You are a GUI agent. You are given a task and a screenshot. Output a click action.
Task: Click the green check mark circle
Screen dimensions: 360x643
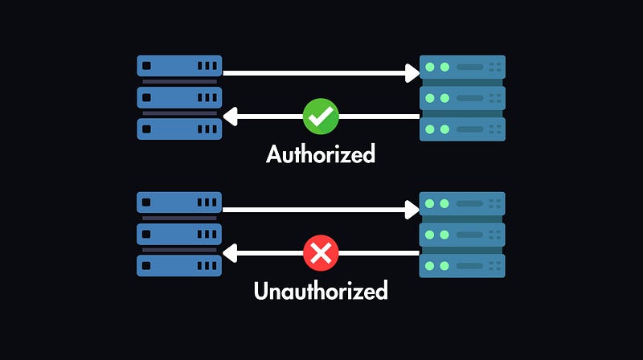pos(321,117)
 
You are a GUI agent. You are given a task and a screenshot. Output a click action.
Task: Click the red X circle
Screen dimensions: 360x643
pos(321,255)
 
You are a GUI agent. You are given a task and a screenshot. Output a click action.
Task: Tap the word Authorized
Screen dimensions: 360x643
pos(321,153)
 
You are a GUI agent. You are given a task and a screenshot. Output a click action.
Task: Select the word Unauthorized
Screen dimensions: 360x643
pos(321,290)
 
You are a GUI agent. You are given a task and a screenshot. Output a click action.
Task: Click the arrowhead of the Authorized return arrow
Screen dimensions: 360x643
pos(228,117)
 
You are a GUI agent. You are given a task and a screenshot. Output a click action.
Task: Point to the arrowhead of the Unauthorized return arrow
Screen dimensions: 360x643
pos(228,255)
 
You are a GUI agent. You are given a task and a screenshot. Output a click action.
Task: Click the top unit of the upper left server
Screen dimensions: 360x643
pos(178,66)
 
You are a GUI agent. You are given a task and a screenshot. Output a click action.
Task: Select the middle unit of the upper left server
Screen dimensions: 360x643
pos(178,98)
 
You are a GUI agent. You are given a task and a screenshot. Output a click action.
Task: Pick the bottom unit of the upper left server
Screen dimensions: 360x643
pos(178,129)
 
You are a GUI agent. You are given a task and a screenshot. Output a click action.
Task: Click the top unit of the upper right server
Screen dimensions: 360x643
pos(463,67)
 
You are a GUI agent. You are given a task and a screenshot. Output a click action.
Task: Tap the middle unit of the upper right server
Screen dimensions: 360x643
pos(463,98)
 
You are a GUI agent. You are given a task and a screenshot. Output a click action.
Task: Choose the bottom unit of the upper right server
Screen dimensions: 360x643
pos(463,129)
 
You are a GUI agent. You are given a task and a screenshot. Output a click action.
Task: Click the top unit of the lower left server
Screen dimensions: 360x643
pos(178,202)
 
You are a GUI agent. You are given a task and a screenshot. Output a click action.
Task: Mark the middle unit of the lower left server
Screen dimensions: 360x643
pos(178,235)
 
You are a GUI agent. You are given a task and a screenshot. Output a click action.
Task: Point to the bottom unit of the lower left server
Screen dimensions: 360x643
pos(178,266)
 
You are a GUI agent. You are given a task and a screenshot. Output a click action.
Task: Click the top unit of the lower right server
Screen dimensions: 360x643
pos(463,203)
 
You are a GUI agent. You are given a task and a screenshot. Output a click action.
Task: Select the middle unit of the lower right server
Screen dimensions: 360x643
pos(463,235)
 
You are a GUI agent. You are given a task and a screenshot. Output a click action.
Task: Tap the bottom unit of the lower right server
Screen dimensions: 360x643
pos(463,266)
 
